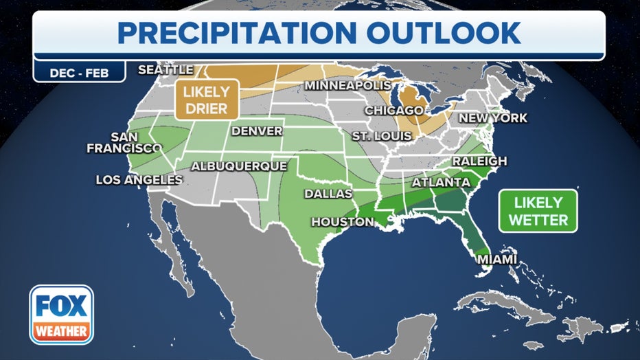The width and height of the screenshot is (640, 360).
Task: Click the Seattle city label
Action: coord(165,69)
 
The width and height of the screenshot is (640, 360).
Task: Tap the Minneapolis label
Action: coord(347,86)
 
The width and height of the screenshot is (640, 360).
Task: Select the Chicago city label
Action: coord(393,110)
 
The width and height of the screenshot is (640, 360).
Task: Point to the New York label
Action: coord(493,118)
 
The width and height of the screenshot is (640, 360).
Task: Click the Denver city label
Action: coord(257,131)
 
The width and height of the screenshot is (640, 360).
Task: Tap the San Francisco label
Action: coord(124,142)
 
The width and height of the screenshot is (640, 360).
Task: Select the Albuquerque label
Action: coord(238,166)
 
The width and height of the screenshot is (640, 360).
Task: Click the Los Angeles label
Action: coord(139,180)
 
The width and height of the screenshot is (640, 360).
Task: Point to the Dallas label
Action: coord(328,194)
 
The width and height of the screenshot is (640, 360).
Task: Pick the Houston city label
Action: coord(343,222)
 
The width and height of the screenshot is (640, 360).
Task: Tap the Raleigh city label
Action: coord(479,161)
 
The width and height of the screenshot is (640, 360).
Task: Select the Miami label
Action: coord(490,260)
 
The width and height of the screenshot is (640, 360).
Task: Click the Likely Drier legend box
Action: coord(206,99)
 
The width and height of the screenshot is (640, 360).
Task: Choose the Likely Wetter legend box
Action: coord(538,211)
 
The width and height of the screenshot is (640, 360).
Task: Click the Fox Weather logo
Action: coord(61,314)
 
